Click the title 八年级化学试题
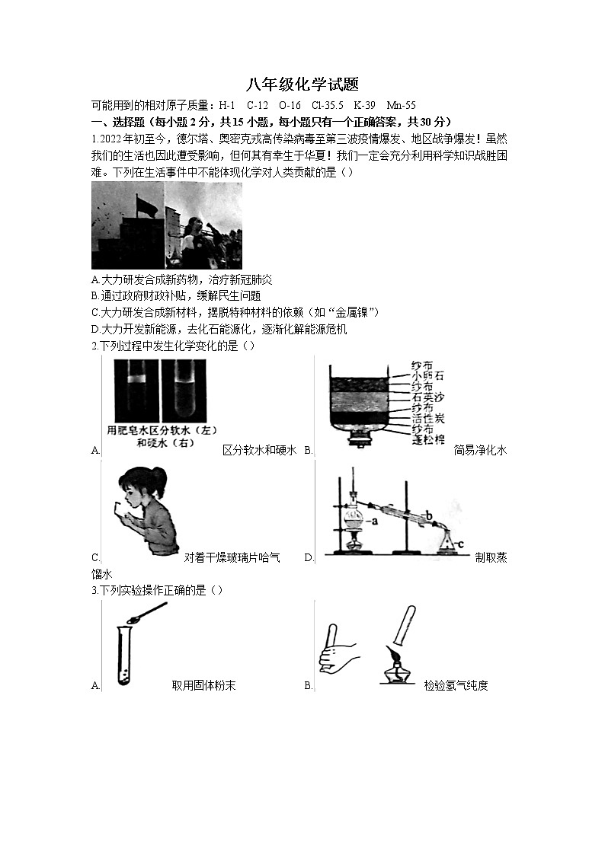pyautogui.click(x=302, y=85)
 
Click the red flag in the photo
pyautogui.click(x=145, y=204)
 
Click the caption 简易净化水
pyautogui.click(x=480, y=450)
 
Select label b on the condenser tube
pyautogui.click(x=429, y=518)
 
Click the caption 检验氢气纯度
pyautogui.click(x=456, y=685)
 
